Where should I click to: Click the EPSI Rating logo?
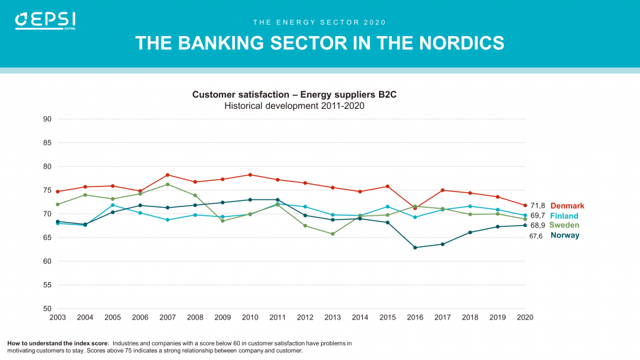(45, 21)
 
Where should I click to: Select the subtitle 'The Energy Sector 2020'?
(319, 22)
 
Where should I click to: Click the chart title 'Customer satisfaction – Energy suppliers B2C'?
(294, 95)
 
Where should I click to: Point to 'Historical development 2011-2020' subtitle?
(294, 106)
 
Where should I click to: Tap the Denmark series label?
(567, 206)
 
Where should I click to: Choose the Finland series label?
(564, 216)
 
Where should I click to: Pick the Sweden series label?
(564, 225)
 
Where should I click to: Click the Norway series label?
(565, 236)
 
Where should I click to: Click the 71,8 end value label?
(537, 206)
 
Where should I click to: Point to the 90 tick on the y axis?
(47, 119)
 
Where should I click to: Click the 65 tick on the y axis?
(47, 238)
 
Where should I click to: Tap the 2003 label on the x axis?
(58, 317)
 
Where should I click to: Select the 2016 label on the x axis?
(415, 317)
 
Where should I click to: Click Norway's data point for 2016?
(415, 247)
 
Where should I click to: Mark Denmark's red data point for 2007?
(168, 175)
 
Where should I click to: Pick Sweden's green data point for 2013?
(332, 234)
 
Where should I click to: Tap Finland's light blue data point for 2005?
(112, 205)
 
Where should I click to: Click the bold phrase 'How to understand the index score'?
(57, 343)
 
